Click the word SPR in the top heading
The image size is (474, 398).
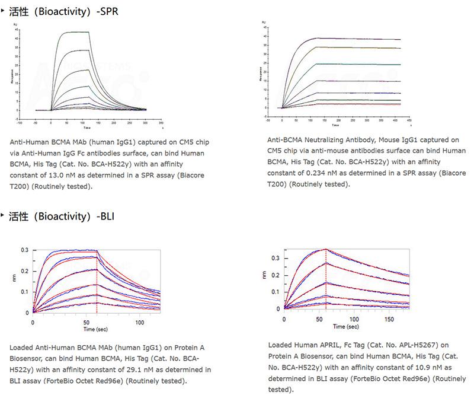(x=108, y=12)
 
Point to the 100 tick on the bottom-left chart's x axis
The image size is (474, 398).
(x=140, y=322)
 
